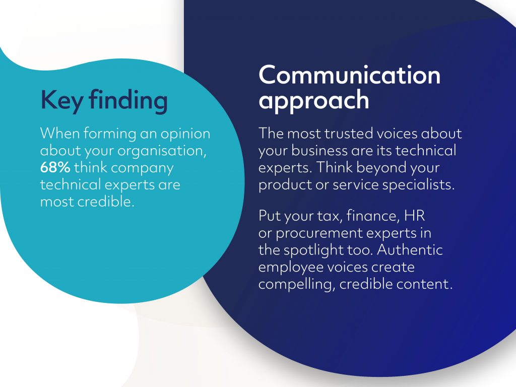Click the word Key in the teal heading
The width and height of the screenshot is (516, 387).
tap(61, 100)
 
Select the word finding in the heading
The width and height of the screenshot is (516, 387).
tap(128, 100)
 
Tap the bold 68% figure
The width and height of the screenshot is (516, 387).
tap(55, 167)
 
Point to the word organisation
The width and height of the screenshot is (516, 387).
tap(162, 151)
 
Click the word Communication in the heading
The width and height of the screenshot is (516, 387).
tap(350, 75)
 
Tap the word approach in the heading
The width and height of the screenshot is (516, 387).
tap(313, 100)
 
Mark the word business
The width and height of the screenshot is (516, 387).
tap(319, 151)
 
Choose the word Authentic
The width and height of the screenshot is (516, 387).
tap(410, 250)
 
